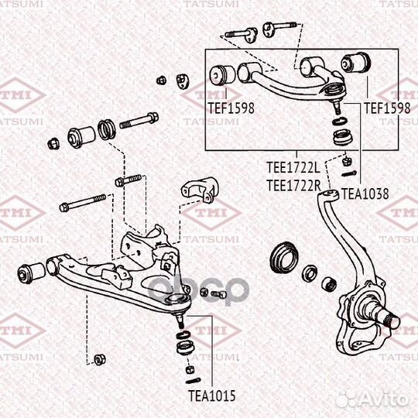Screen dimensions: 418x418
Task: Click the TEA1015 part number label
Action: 212,396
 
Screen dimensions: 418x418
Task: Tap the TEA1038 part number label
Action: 365,194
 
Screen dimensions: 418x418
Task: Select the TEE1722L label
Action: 293,168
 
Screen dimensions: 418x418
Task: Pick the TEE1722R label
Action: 293,186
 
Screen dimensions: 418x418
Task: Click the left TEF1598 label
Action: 231,108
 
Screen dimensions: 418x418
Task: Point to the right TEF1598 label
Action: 387,108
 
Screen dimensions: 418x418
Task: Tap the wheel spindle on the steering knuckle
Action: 392,320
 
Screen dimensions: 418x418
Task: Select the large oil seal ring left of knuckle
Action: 283,258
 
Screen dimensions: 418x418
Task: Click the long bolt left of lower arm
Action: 83,202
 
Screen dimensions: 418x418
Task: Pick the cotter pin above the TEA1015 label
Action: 193,380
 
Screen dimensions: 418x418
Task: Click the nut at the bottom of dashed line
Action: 100,359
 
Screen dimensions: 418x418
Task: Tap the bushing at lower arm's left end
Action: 31,273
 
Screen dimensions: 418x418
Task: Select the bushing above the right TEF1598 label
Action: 355,63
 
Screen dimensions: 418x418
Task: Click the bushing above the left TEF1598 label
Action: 222,74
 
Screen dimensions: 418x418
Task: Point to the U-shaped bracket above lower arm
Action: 200,190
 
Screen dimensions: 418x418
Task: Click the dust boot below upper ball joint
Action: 343,137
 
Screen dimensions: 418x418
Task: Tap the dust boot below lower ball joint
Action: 185,348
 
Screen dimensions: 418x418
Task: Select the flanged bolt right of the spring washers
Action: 139,121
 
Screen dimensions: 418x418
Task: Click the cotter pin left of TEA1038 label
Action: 348,174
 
